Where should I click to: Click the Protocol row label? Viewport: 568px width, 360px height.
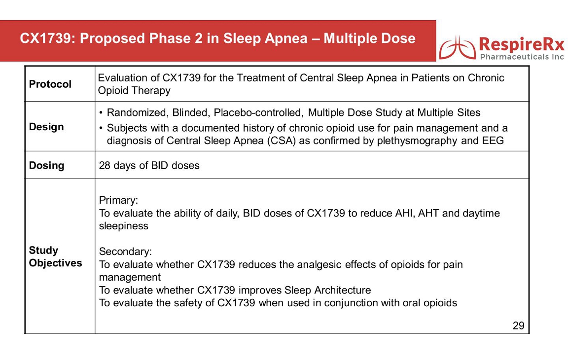point(50,84)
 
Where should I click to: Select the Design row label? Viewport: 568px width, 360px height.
point(46,127)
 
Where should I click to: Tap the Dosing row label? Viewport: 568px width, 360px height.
point(47,166)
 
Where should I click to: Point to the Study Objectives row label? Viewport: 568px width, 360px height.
point(55,256)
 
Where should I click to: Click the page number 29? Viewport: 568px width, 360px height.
point(518,325)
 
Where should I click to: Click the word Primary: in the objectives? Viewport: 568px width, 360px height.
point(118,200)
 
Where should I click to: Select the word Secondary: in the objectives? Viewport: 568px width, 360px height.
point(125,252)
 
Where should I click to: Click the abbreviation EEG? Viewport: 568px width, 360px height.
point(493,141)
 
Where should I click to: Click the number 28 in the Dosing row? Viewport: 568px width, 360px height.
point(105,166)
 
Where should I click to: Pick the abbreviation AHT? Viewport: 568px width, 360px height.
point(428,213)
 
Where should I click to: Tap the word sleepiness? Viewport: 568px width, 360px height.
point(124,226)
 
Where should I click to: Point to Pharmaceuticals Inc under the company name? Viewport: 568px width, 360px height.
point(522,57)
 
